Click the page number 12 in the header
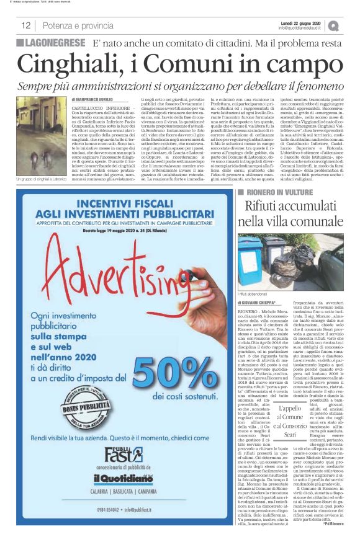pos(26,25)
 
